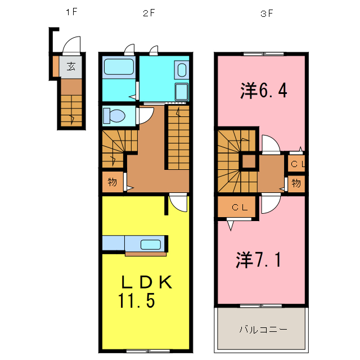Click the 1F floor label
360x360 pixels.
[x=70, y=13]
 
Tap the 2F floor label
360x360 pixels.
[x=148, y=13]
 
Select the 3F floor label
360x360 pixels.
[x=266, y=13]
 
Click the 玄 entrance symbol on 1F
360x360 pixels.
[x=71, y=66]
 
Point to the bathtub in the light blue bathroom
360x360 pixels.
[x=119, y=69]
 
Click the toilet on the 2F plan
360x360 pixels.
[x=116, y=116]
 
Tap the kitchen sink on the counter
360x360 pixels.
[x=150, y=245]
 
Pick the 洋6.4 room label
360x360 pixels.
[x=264, y=90]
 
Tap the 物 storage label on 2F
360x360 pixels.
[x=112, y=182]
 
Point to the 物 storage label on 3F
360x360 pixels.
[x=296, y=182]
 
